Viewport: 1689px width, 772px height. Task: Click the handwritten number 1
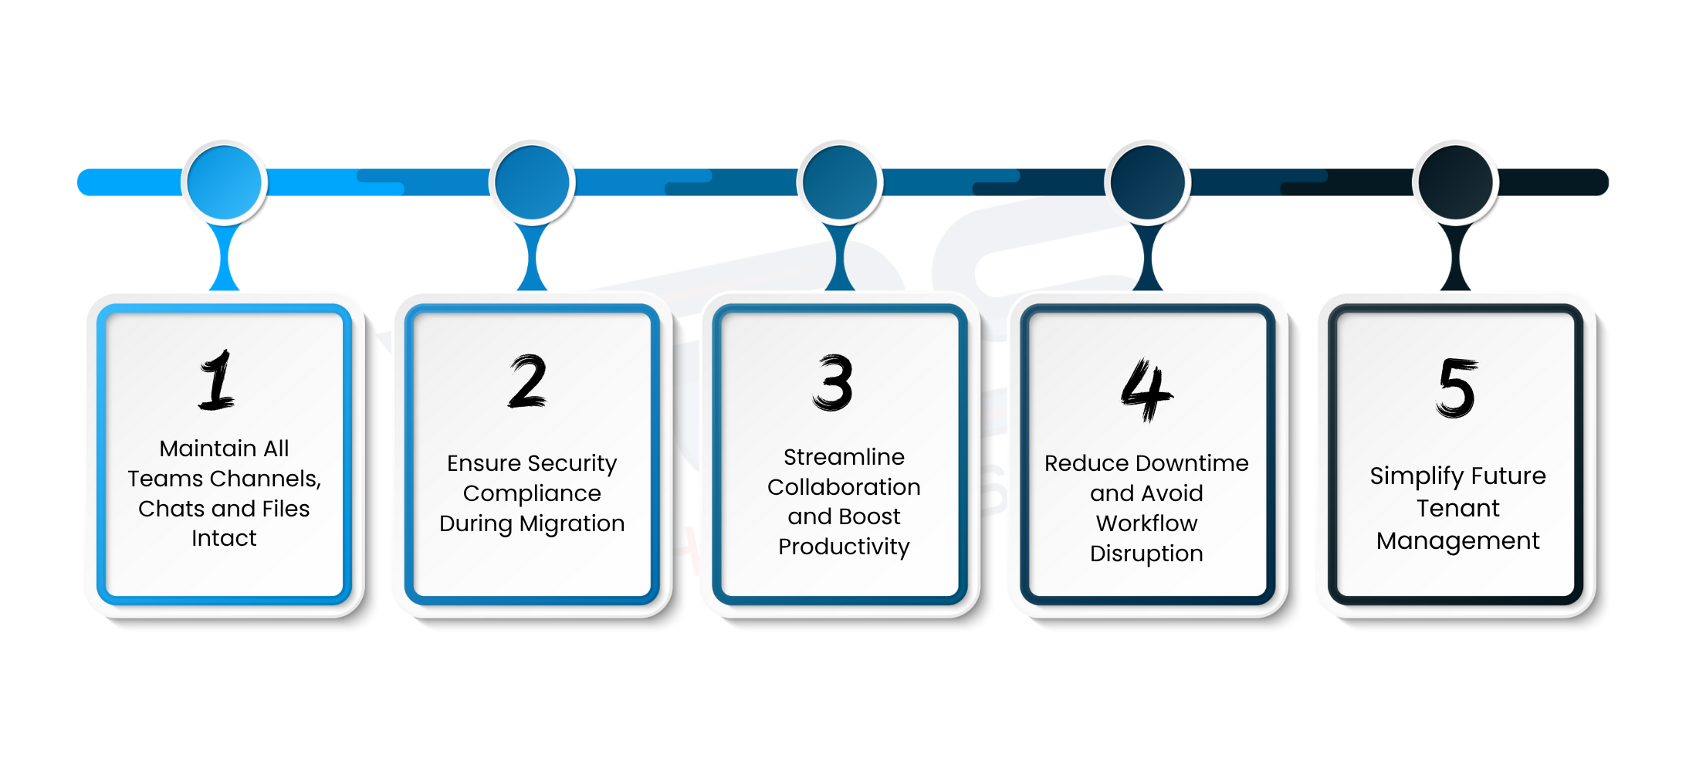click(218, 380)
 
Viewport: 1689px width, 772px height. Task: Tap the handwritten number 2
click(528, 381)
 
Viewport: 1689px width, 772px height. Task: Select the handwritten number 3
click(834, 383)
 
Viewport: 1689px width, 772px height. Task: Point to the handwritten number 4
click(1146, 390)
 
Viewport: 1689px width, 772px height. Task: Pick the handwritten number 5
click(1457, 388)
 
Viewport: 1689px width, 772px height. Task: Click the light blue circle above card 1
click(225, 183)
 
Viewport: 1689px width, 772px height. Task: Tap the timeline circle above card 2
click(532, 183)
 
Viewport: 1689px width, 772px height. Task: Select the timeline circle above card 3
click(840, 183)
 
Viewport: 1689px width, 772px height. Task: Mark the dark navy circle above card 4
click(1148, 183)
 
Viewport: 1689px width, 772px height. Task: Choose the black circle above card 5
click(1456, 183)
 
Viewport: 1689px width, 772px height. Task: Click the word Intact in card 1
click(224, 538)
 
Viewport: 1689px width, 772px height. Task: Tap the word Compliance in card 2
click(532, 493)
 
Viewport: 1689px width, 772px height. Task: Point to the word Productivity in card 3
click(844, 547)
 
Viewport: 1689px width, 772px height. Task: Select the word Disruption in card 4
click(1146, 554)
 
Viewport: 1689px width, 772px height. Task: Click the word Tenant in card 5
click(1457, 508)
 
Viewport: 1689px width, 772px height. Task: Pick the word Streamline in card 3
click(844, 457)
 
